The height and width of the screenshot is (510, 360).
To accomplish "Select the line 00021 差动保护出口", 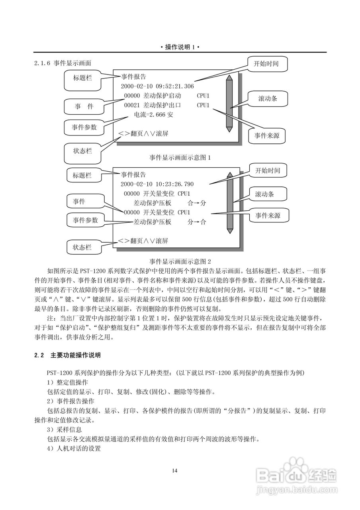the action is pyautogui.click(x=153, y=105).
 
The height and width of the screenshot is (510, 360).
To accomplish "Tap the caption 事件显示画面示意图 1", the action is pyautogui.click(x=180, y=158).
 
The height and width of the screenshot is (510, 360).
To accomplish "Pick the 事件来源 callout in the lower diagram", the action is pyautogui.click(x=268, y=216).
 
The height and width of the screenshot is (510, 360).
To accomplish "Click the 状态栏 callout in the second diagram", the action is pyautogui.click(x=82, y=247).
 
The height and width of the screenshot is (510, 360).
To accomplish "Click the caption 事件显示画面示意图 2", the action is pyautogui.click(x=180, y=261).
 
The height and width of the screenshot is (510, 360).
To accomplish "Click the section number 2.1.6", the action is pyautogui.click(x=42, y=63).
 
